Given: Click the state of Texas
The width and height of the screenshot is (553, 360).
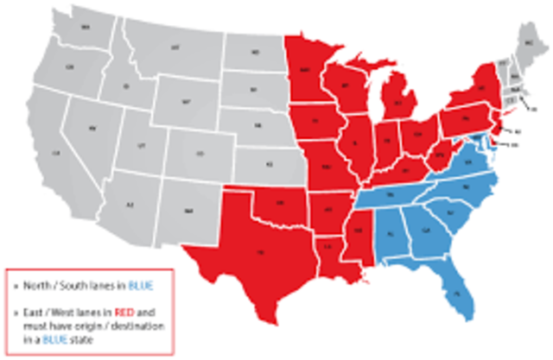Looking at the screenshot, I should tap(259, 250).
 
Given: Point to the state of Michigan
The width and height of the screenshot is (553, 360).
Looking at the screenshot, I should tap(398, 103).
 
